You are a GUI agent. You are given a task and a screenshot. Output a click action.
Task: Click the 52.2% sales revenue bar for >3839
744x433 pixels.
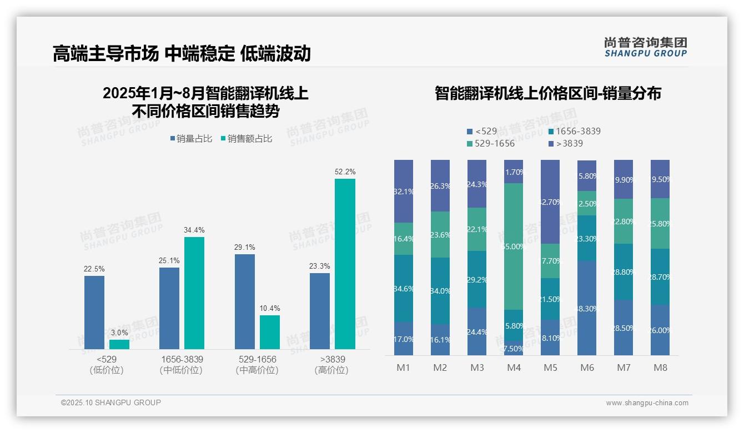click(x=345, y=264)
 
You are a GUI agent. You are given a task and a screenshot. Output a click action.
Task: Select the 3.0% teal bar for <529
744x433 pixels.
click(x=119, y=344)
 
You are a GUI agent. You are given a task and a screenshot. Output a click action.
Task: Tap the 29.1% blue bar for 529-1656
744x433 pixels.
click(x=245, y=301)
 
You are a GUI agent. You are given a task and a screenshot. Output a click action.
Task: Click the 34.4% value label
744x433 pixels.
click(x=194, y=230)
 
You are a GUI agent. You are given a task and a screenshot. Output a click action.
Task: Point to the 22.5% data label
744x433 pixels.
click(x=94, y=269)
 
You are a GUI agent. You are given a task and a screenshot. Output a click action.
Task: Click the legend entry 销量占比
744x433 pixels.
click(x=191, y=139)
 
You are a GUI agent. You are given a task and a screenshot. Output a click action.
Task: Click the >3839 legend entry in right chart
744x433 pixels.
click(x=566, y=144)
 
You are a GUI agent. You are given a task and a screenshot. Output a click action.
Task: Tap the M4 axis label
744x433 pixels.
click(x=514, y=367)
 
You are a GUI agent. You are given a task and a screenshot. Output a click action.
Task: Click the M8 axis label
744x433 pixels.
click(x=660, y=367)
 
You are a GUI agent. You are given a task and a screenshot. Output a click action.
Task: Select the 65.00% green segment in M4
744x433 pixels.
click(x=514, y=246)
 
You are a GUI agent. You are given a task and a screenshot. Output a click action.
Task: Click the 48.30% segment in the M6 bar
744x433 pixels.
click(x=587, y=308)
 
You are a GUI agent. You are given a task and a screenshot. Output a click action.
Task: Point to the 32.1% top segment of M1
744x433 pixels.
click(x=404, y=191)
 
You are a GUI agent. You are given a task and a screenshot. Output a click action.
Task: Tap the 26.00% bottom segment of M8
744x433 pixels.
click(x=660, y=330)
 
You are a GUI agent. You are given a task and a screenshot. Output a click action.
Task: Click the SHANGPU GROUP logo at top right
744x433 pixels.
click(x=645, y=47)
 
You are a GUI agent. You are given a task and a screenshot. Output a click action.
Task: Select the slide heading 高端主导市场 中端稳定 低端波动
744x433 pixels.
click(x=182, y=53)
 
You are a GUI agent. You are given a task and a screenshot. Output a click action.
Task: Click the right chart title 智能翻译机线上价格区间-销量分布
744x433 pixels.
click(x=547, y=93)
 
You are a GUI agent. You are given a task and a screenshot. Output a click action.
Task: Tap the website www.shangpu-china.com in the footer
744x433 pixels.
click(x=647, y=403)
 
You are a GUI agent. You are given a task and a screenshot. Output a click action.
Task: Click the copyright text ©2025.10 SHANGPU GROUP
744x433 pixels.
click(x=111, y=402)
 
